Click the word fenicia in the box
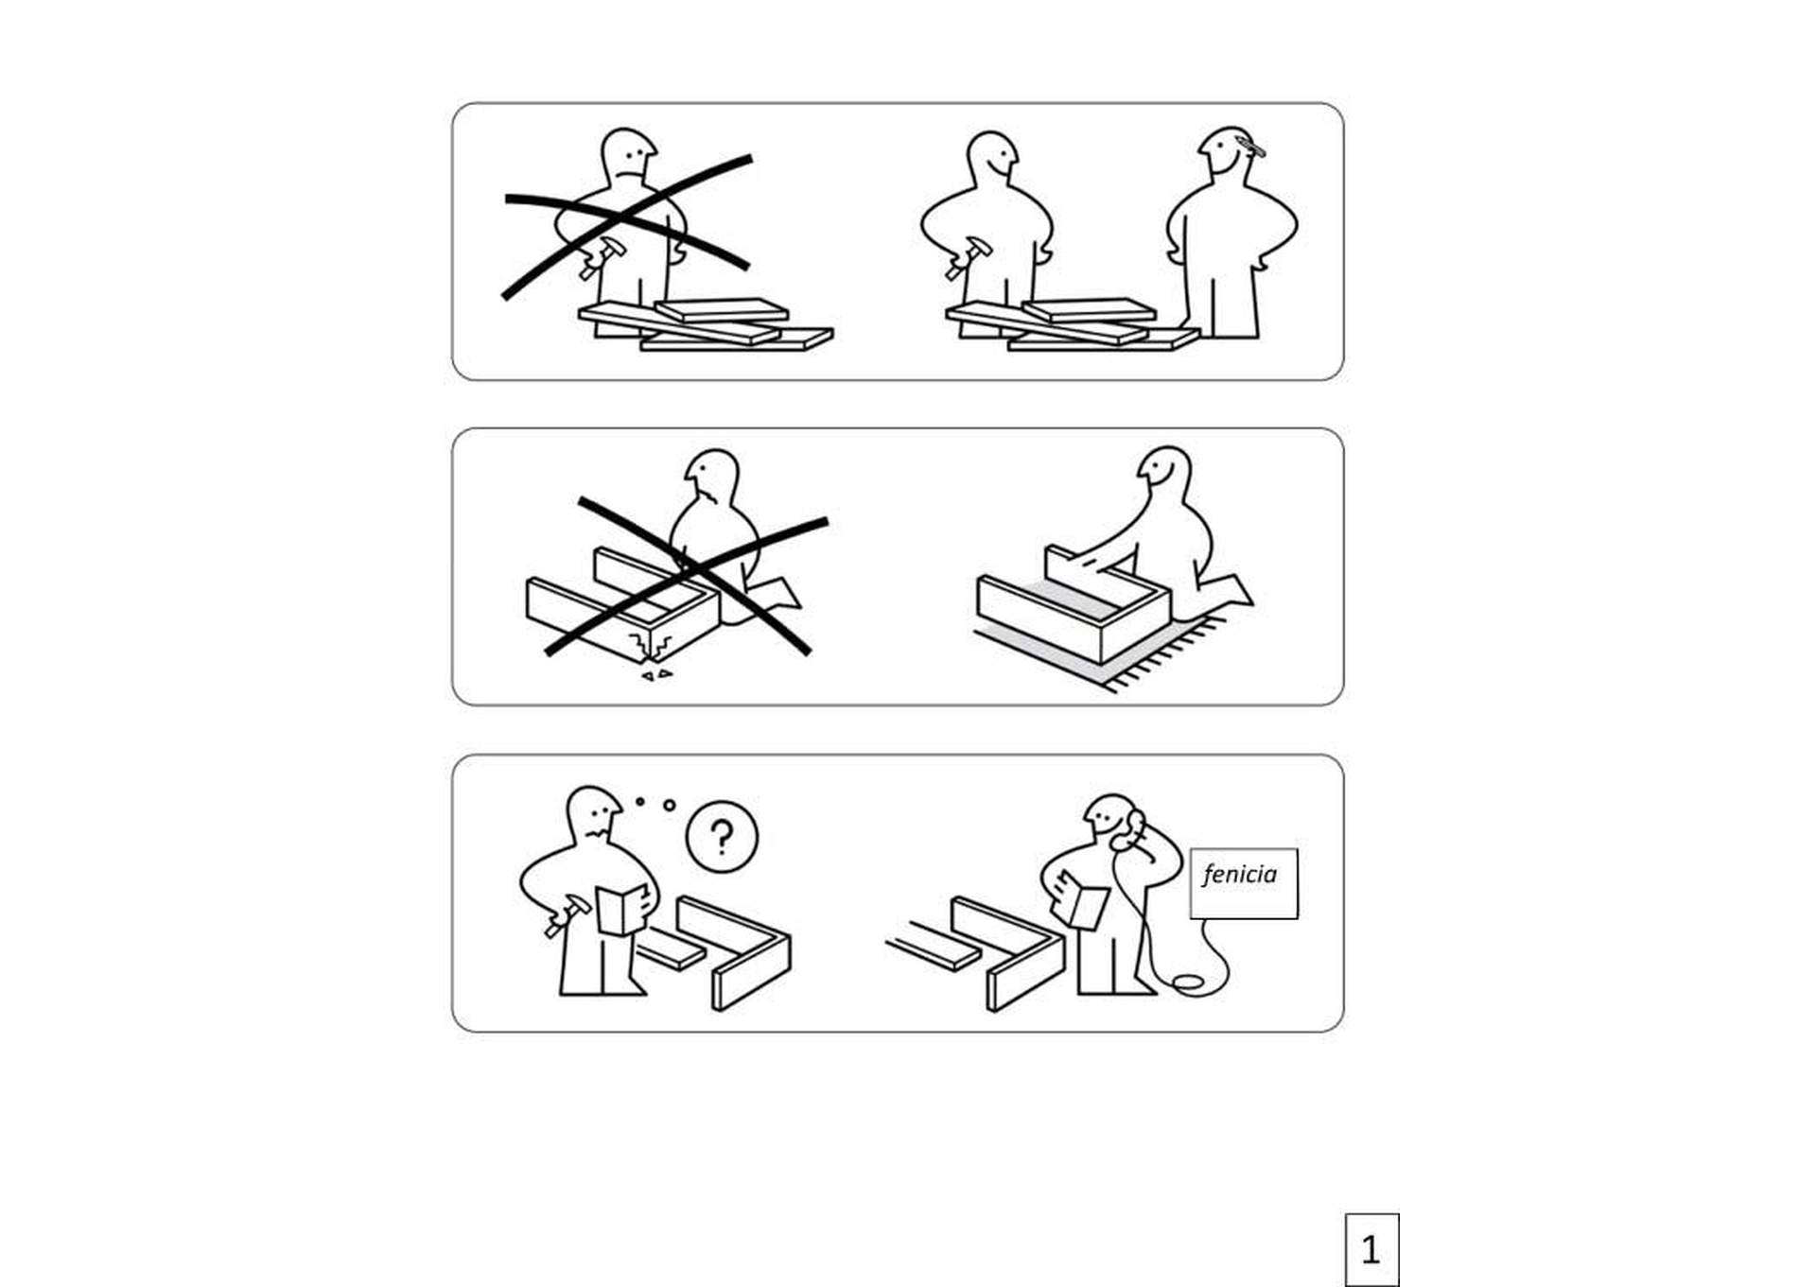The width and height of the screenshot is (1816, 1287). click(x=1239, y=875)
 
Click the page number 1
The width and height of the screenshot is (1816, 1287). click(x=1371, y=1250)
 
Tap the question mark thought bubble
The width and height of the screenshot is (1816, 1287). click(x=722, y=837)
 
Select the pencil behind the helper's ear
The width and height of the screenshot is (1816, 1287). click(x=1249, y=146)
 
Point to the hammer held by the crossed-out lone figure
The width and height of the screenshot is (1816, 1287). click(x=602, y=257)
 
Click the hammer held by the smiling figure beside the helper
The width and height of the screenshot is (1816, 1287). click(x=968, y=257)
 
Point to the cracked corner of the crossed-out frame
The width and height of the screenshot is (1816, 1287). click(x=653, y=646)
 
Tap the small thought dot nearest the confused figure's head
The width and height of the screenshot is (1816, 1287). click(x=640, y=801)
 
